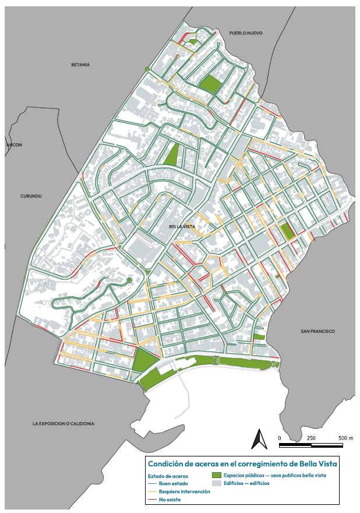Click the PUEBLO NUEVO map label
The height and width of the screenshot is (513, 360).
(246, 33)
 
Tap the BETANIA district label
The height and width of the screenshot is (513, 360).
(80, 65)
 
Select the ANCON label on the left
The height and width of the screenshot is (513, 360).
(14, 145)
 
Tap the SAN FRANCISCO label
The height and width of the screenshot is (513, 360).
(317, 331)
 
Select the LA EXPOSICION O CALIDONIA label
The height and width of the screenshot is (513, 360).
(63, 424)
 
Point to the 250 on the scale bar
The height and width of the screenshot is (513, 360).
(311, 438)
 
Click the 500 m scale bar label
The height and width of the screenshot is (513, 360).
(345, 438)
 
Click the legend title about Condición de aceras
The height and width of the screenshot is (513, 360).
(242, 464)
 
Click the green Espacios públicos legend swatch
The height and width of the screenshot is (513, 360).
(217, 476)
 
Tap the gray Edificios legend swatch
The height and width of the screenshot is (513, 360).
(217, 483)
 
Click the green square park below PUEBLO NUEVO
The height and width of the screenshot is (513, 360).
(210, 85)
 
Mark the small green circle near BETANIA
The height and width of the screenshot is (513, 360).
(147, 70)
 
